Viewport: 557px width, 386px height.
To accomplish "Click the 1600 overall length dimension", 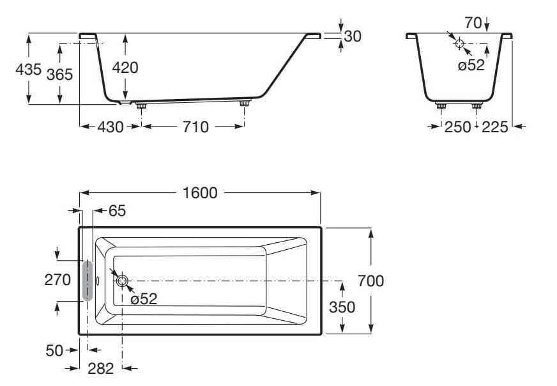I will coord(200,192).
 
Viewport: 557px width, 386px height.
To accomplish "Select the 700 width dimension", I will coord(370,281).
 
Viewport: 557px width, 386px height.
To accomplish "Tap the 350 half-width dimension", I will coord(342,307).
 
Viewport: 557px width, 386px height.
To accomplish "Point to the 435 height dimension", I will coord(29,69).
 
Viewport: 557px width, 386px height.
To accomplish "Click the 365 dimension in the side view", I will coord(59,74).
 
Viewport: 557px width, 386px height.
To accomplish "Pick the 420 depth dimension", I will coord(125,67).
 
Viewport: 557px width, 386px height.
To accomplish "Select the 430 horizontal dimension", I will coord(111,127).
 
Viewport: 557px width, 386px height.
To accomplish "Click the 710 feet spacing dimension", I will coord(195,127).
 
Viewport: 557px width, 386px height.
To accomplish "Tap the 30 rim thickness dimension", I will coord(352,36).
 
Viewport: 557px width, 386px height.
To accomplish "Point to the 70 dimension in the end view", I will coord(473,23).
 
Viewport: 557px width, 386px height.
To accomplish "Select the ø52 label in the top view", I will coord(143,298).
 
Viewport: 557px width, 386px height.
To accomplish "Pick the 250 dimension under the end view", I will coord(457,127).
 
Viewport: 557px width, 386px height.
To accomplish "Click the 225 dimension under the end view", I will coord(494,127).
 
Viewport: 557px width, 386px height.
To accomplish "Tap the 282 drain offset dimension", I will coord(100,368).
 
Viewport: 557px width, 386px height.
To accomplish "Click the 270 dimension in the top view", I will coord(57,280).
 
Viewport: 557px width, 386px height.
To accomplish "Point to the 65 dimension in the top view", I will coord(118,210).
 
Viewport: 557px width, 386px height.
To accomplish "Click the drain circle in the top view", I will coord(122,280).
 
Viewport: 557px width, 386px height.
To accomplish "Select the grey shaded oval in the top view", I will coord(87,280).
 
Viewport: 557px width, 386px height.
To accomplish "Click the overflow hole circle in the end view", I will coord(459,43).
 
